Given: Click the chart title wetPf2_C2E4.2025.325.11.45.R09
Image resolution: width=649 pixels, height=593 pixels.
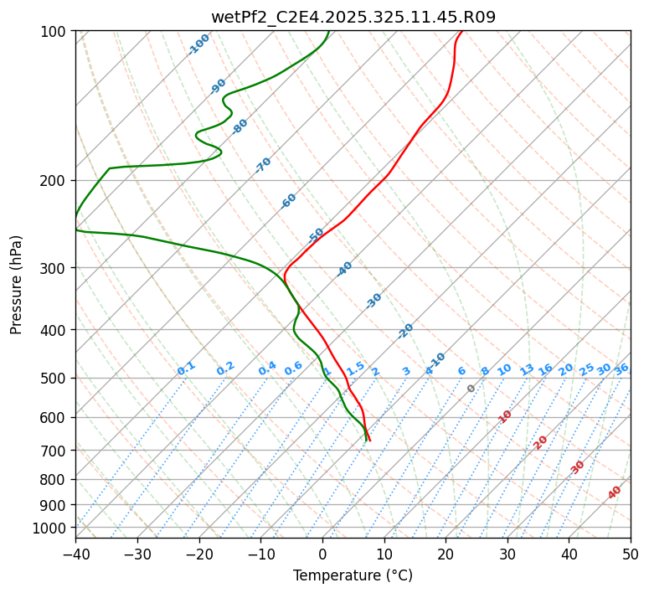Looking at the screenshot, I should pyautogui.click(x=353, y=17).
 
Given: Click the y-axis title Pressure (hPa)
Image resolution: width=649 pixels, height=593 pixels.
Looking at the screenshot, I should pyautogui.click(x=17, y=285).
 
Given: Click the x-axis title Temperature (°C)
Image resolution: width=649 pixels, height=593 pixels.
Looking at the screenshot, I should pyautogui.click(x=353, y=576).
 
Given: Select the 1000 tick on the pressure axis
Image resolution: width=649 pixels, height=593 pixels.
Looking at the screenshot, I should pyautogui.click(x=51, y=528).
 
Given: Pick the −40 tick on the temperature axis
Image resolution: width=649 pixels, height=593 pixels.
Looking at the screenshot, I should pyautogui.click(x=75, y=554).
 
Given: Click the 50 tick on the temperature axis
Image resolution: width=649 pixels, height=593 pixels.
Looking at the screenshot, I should pyautogui.click(x=631, y=554).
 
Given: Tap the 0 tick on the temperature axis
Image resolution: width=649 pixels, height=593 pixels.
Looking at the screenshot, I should pyautogui.click(x=322, y=554).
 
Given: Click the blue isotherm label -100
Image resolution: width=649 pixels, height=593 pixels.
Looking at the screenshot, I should pyautogui.click(x=198, y=44).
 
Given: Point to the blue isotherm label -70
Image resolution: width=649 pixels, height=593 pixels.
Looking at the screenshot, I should pyautogui.click(x=263, y=165).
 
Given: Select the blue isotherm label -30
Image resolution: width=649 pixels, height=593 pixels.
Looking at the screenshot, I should pyautogui.click(x=373, y=301).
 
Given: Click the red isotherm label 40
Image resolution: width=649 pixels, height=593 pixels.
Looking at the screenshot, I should pyautogui.click(x=615, y=492).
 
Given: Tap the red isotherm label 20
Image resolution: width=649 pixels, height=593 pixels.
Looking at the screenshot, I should pyautogui.click(x=541, y=441).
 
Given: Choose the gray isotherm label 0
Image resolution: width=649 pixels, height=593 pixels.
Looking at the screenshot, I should pyautogui.click(x=471, y=389).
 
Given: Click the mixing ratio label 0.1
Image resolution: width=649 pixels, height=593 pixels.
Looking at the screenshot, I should pyautogui.click(x=186, y=368).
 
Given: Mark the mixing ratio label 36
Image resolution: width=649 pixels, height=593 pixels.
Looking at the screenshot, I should pyautogui.click(x=621, y=369).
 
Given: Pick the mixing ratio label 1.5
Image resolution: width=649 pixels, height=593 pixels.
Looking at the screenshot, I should pyautogui.click(x=356, y=368).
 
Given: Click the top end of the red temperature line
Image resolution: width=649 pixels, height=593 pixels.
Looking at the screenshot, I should pyautogui.click(x=461, y=31).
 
